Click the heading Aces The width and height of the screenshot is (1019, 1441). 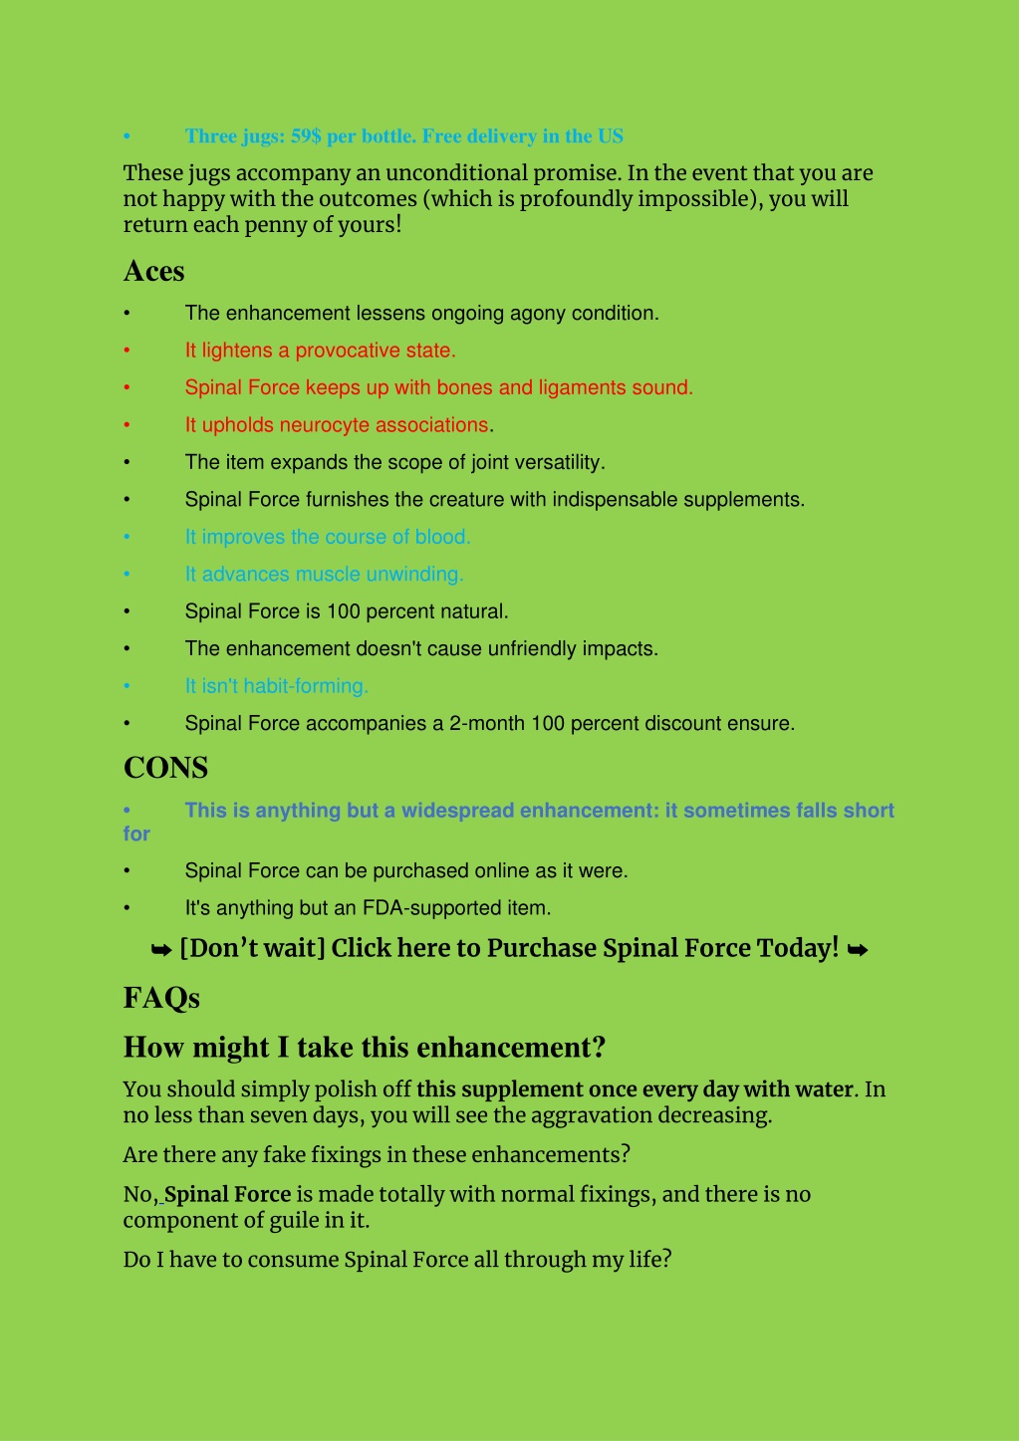pyautogui.click(x=153, y=271)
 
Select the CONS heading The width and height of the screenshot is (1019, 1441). pyautogui.click(x=165, y=768)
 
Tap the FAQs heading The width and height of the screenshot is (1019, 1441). pyautogui.click(x=161, y=998)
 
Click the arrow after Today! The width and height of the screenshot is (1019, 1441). pyautogui.click(x=857, y=950)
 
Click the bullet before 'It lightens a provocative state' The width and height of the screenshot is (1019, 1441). pyautogui.click(x=127, y=351)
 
